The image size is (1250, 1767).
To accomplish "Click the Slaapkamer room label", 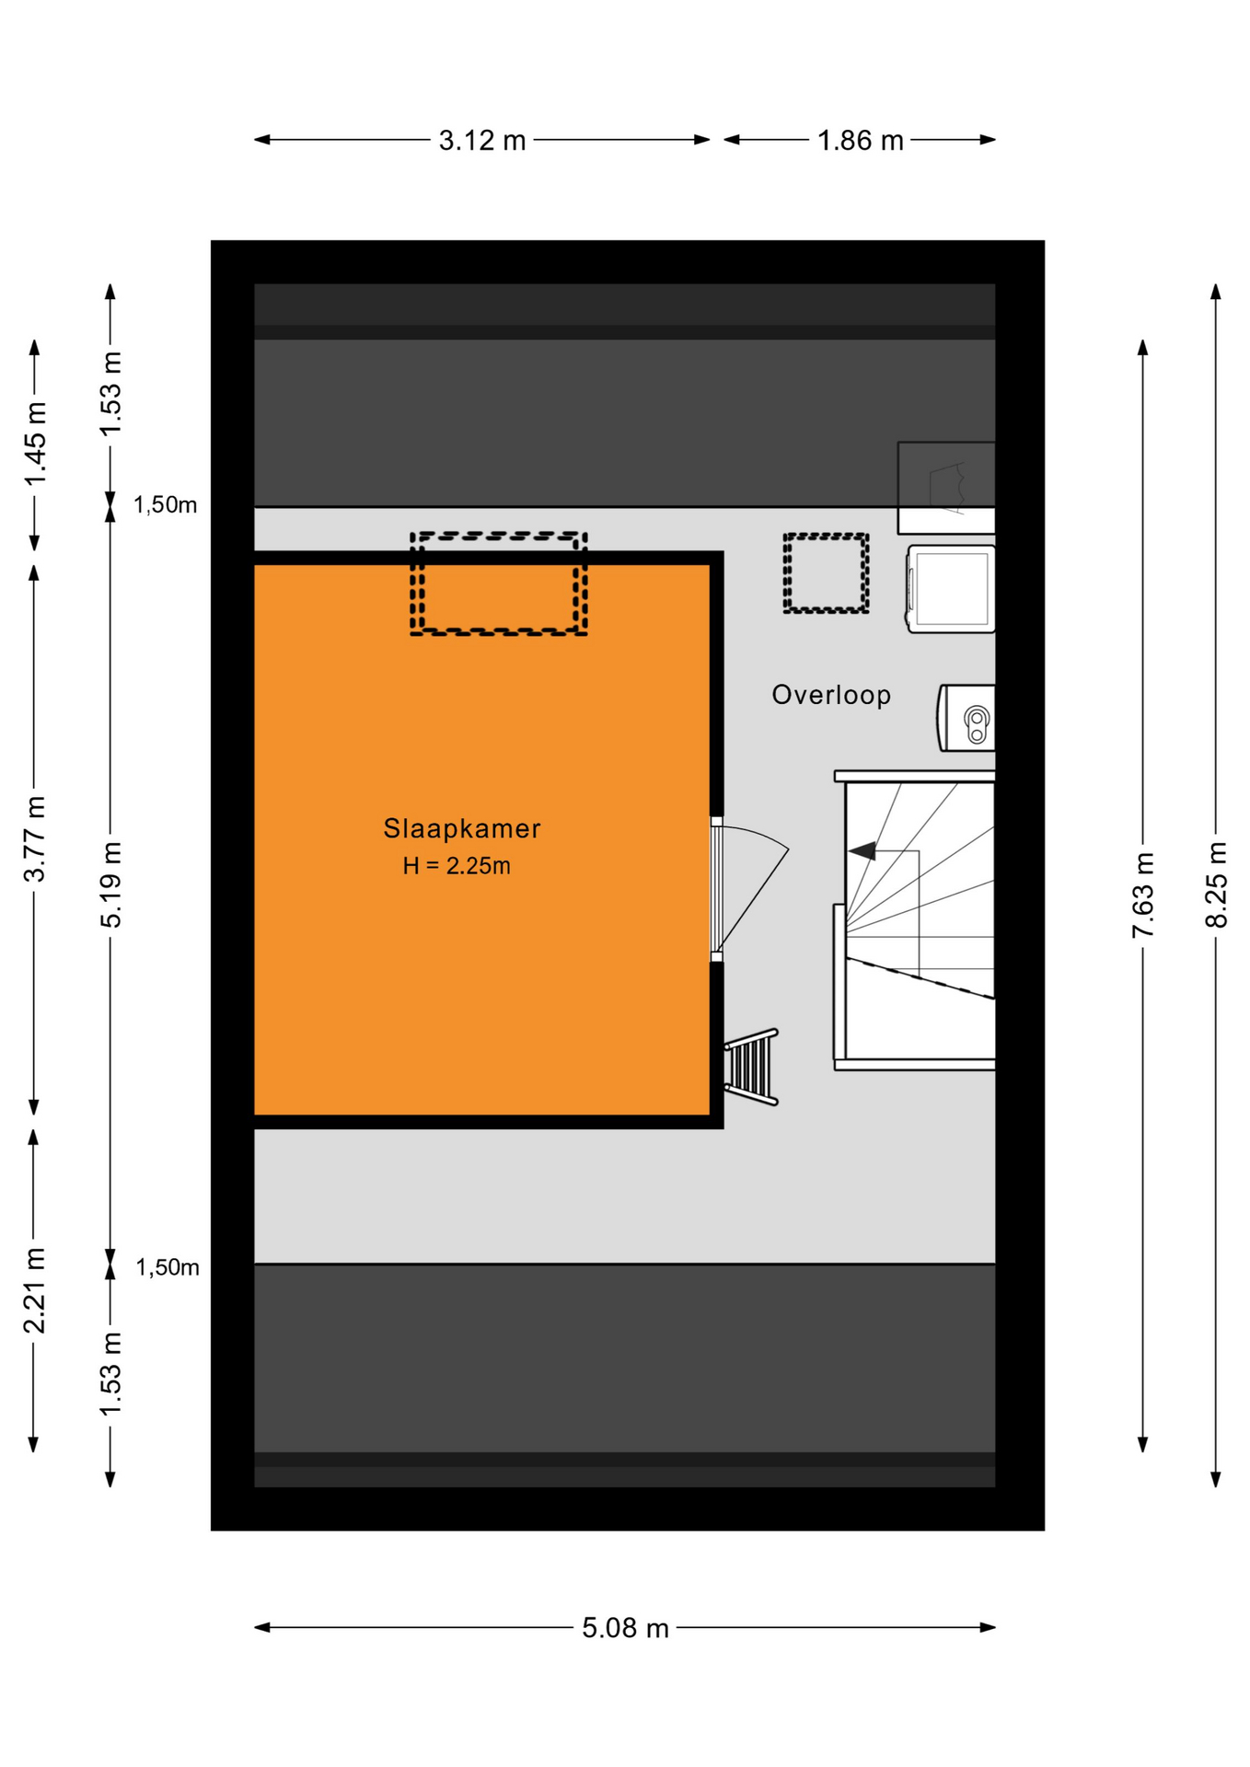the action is pyautogui.click(x=461, y=828).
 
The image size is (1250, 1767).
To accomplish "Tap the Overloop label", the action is pyautogui.click(x=831, y=695).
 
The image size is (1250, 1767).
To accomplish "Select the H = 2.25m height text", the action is pyautogui.click(x=457, y=866).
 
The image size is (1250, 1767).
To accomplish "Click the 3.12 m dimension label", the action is pyautogui.click(x=482, y=141).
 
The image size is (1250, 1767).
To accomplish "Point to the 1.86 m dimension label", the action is pyautogui.click(x=861, y=141).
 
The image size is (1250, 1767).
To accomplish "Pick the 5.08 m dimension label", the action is pyautogui.click(x=625, y=1628).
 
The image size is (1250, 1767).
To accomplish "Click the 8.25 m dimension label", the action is pyautogui.click(x=1216, y=884).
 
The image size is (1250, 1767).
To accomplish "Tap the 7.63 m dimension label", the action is pyautogui.click(x=1142, y=895).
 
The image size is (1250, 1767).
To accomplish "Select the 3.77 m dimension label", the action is pyautogui.click(x=34, y=838).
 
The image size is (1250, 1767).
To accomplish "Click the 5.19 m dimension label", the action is pyautogui.click(x=110, y=884).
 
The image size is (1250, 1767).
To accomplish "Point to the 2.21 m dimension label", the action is pyautogui.click(x=34, y=1290).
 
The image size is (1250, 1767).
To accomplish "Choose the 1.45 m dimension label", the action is pyautogui.click(x=34, y=445).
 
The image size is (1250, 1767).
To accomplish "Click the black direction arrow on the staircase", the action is pyautogui.click(x=863, y=851).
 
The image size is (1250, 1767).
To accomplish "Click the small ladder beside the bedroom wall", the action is pyautogui.click(x=752, y=1067).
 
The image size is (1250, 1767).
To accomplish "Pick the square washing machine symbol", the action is pyautogui.click(x=951, y=589).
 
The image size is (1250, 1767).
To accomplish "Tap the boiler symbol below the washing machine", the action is pyautogui.click(x=966, y=718).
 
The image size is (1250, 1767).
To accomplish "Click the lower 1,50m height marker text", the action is pyautogui.click(x=168, y=1267).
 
